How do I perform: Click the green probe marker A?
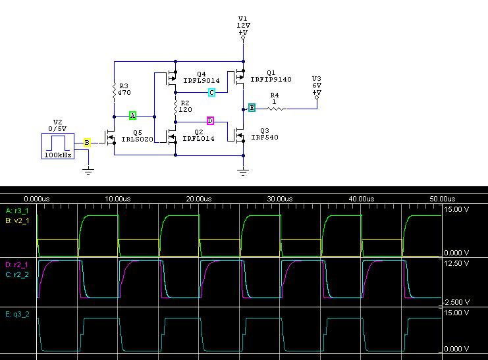pyautogui.click(x=132, y=116)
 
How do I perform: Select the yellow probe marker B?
pyautogui.click(x=87, y=142)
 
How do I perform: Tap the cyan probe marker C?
pyautogui.click(x=211, y=93)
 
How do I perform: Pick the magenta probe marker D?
pyautogui.click(x=210, y=120)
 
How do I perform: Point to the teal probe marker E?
pyautogui.click(x=252, y=108)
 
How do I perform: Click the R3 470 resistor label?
pyautogui.click(x=123, y=90)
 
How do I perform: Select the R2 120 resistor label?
pyautogui.click(x=185, y=107)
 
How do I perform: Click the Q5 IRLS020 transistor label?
pyautogui.click(x=137, y=136)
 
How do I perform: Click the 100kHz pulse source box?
pyautogui.click(x=57, y=145)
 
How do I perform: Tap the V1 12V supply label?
pyautogui.click(x=243, y=24)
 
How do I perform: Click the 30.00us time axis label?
pyautogui.click(x=280, y=198)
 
